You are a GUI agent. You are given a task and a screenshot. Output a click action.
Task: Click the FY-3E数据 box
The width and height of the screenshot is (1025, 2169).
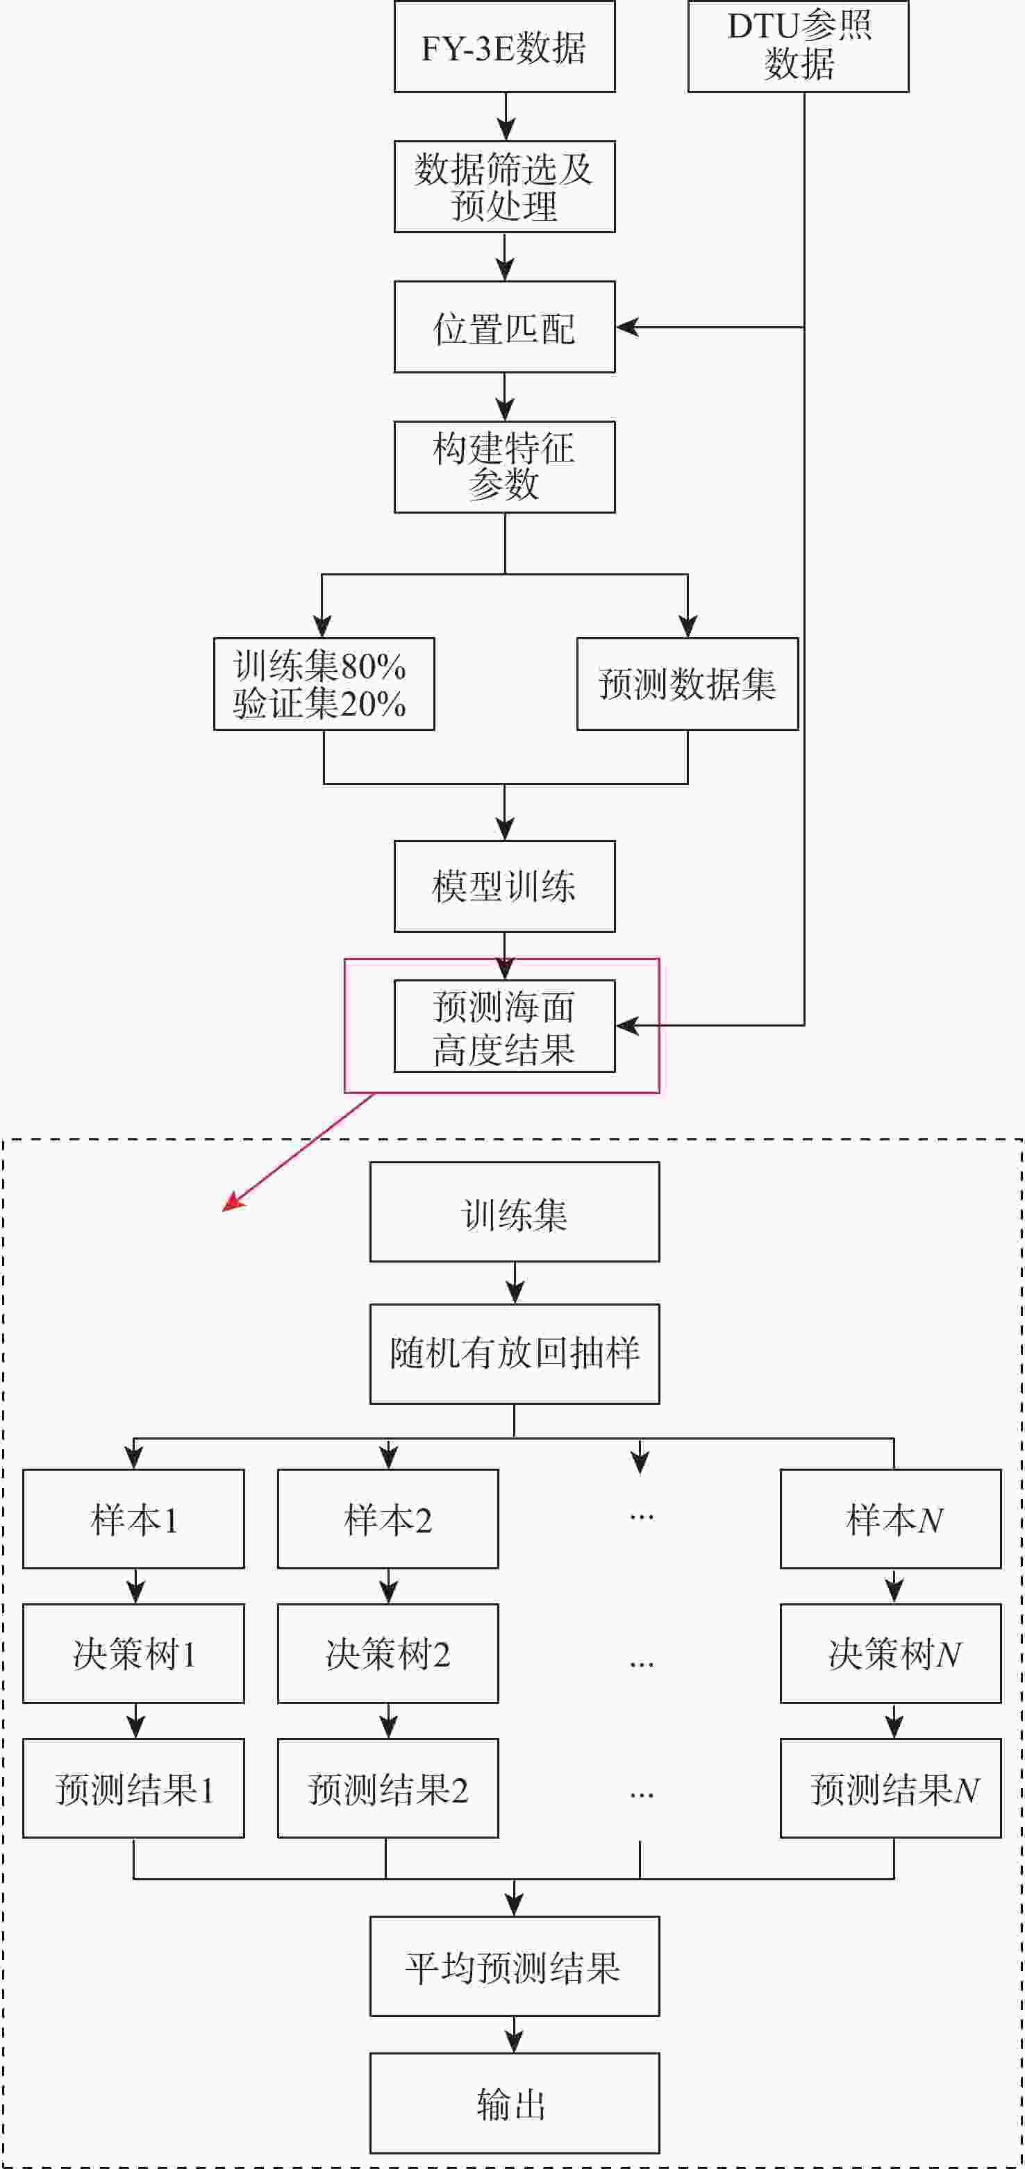pyautogui.click(x=504, y=47)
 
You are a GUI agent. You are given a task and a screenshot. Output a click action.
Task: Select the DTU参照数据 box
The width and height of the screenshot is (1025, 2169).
pyautogui.click(x=798, y=47)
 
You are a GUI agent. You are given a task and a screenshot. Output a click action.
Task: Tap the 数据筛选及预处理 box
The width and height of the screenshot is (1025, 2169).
pyautogui.click(x=504, y=187)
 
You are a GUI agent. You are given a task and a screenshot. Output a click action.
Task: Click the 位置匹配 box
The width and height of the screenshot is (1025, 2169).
pyautogui.click(x=504, y=328)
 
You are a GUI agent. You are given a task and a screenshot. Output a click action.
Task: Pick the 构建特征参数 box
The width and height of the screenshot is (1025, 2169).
pyautogui.click(x=504, y=467)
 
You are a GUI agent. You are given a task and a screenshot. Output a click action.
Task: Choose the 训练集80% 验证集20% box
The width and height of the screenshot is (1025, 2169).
pyautogui.click(x=324, y=684)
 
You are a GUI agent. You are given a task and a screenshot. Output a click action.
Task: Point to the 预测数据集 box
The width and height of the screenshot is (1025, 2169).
pyautogui.click(x=687, y=684)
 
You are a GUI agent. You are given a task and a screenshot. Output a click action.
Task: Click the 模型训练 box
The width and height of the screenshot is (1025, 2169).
pyautogui.click(x=504, y=886)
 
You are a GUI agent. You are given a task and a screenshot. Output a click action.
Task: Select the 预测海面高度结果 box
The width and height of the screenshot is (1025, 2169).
pyautogui.click(x=504, y=1027)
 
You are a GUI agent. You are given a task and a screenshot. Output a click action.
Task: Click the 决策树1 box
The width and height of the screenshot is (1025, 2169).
pyautogui.click(x=134, y=1655)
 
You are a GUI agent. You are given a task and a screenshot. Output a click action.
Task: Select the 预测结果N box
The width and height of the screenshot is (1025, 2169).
pyautogui.click(x=891, y=1789)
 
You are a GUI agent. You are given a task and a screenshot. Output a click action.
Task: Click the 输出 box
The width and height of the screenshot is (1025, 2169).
pyautogui.click(x=515, y=2103)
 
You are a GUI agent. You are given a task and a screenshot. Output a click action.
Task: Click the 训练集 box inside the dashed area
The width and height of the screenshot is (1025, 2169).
pyautogui.click(x=515, y=1213)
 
